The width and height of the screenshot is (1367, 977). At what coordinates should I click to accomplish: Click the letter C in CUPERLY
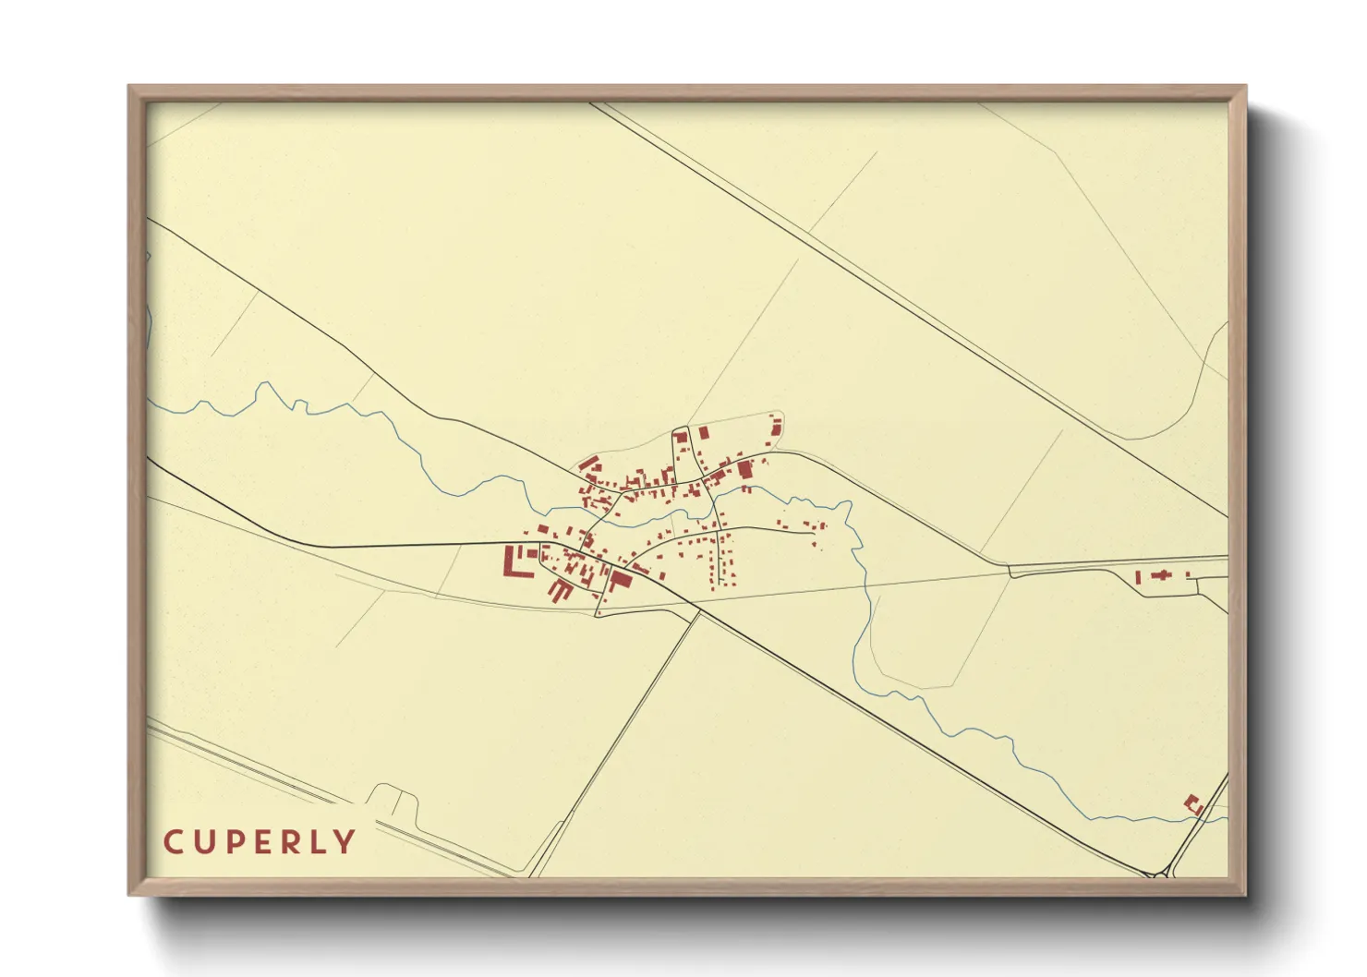(x=174, y=842)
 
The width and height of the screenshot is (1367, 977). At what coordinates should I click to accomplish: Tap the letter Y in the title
(x=345, y=842)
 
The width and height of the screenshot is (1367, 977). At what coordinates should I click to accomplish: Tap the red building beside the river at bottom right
(x=1192, y=804)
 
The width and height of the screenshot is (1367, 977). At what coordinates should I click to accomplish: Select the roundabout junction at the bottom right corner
(x=1161, y=873)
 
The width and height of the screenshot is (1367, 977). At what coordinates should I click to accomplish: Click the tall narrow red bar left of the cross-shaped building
(x=1138, y=577)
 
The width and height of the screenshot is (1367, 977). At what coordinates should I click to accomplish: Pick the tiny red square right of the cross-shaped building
(x=1187, y=575)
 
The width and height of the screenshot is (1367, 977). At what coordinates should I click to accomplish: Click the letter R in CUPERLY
(x=293, y=842)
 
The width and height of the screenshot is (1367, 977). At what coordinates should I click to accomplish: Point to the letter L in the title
(x=320, y=842)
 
